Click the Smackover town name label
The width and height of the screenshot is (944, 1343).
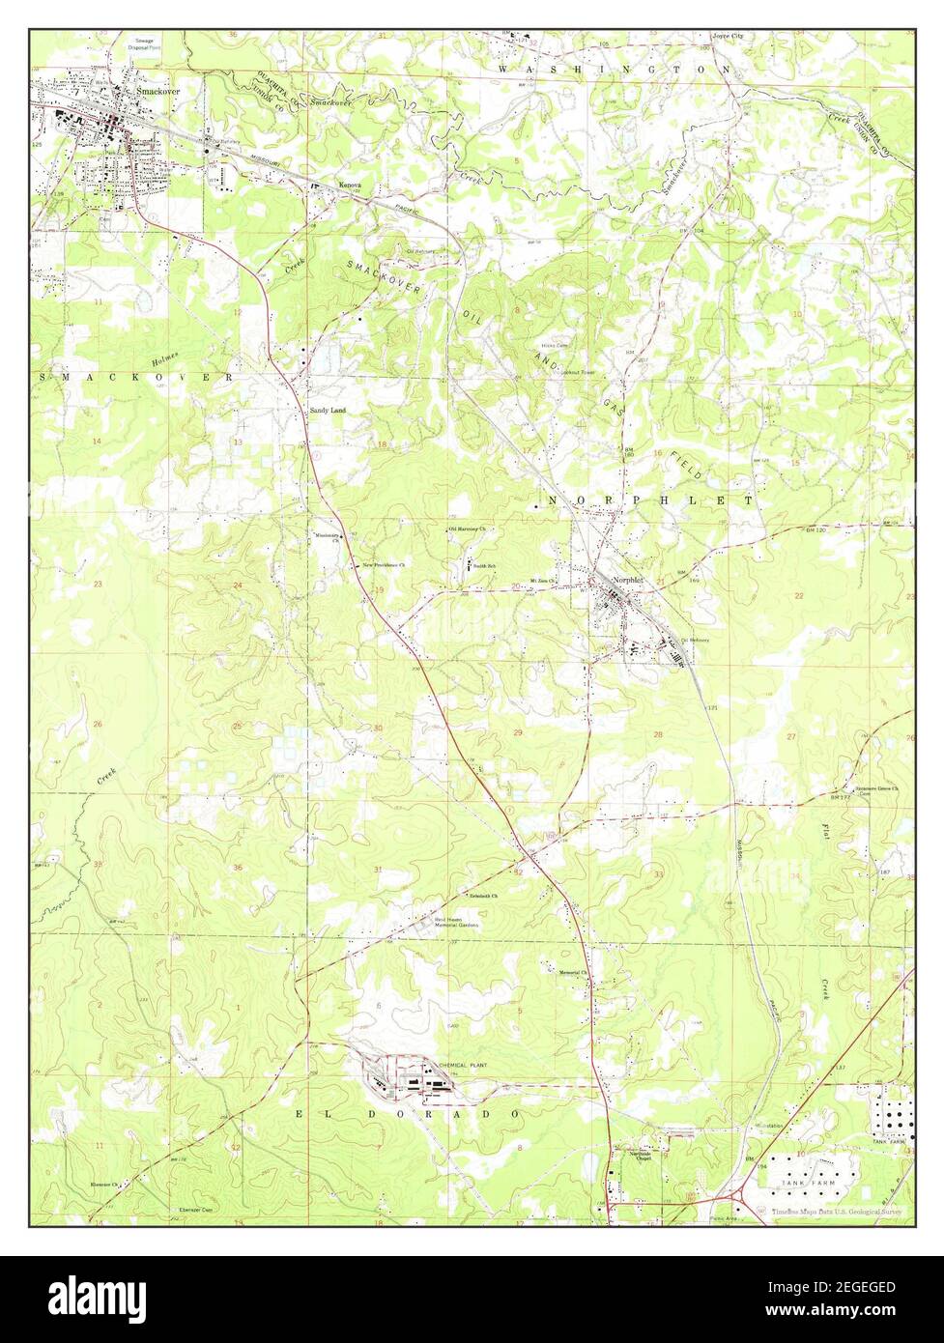click(x=158, y=91)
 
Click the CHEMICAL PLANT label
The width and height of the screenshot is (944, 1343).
click(x=465, y=1065)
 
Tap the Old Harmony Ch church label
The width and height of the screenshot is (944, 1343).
click(x=466, y=529)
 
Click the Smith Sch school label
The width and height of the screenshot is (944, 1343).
click(x=482, y=565)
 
